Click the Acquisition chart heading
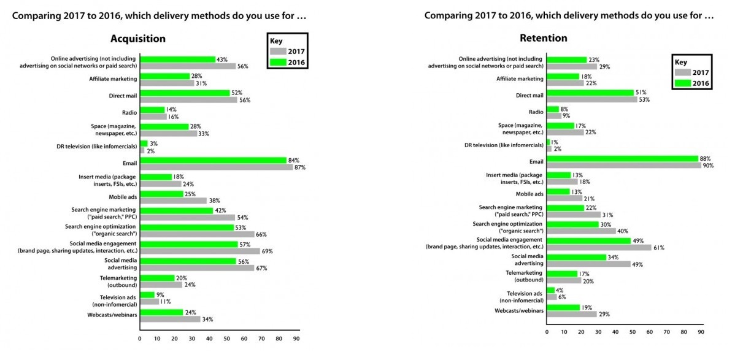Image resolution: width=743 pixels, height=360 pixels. click(x=138, y=39)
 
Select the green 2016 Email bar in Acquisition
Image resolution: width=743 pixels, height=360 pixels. click(x=213, y=161)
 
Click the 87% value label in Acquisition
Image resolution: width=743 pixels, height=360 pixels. click(x=299, y=167)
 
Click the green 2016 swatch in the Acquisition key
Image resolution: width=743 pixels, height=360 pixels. click(x=279, y=62)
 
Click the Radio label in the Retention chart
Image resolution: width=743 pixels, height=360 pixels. click(x=536, y=112)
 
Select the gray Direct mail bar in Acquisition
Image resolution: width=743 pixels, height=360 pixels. click(x=188, y=100)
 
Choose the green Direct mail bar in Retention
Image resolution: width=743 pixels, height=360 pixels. click(x=590, y=93)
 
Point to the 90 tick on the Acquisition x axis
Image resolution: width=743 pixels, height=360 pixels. click(x=296, y=339)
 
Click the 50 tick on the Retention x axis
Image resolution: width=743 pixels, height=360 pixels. click(x=633, y=332)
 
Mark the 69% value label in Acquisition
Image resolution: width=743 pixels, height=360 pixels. click(x=267, y=251)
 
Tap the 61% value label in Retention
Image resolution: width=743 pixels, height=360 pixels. click(x=659, y=248)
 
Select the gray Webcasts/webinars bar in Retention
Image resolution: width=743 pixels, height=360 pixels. click(x=572, y=314)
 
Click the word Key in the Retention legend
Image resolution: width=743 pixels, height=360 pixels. click(x=680, y=62)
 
